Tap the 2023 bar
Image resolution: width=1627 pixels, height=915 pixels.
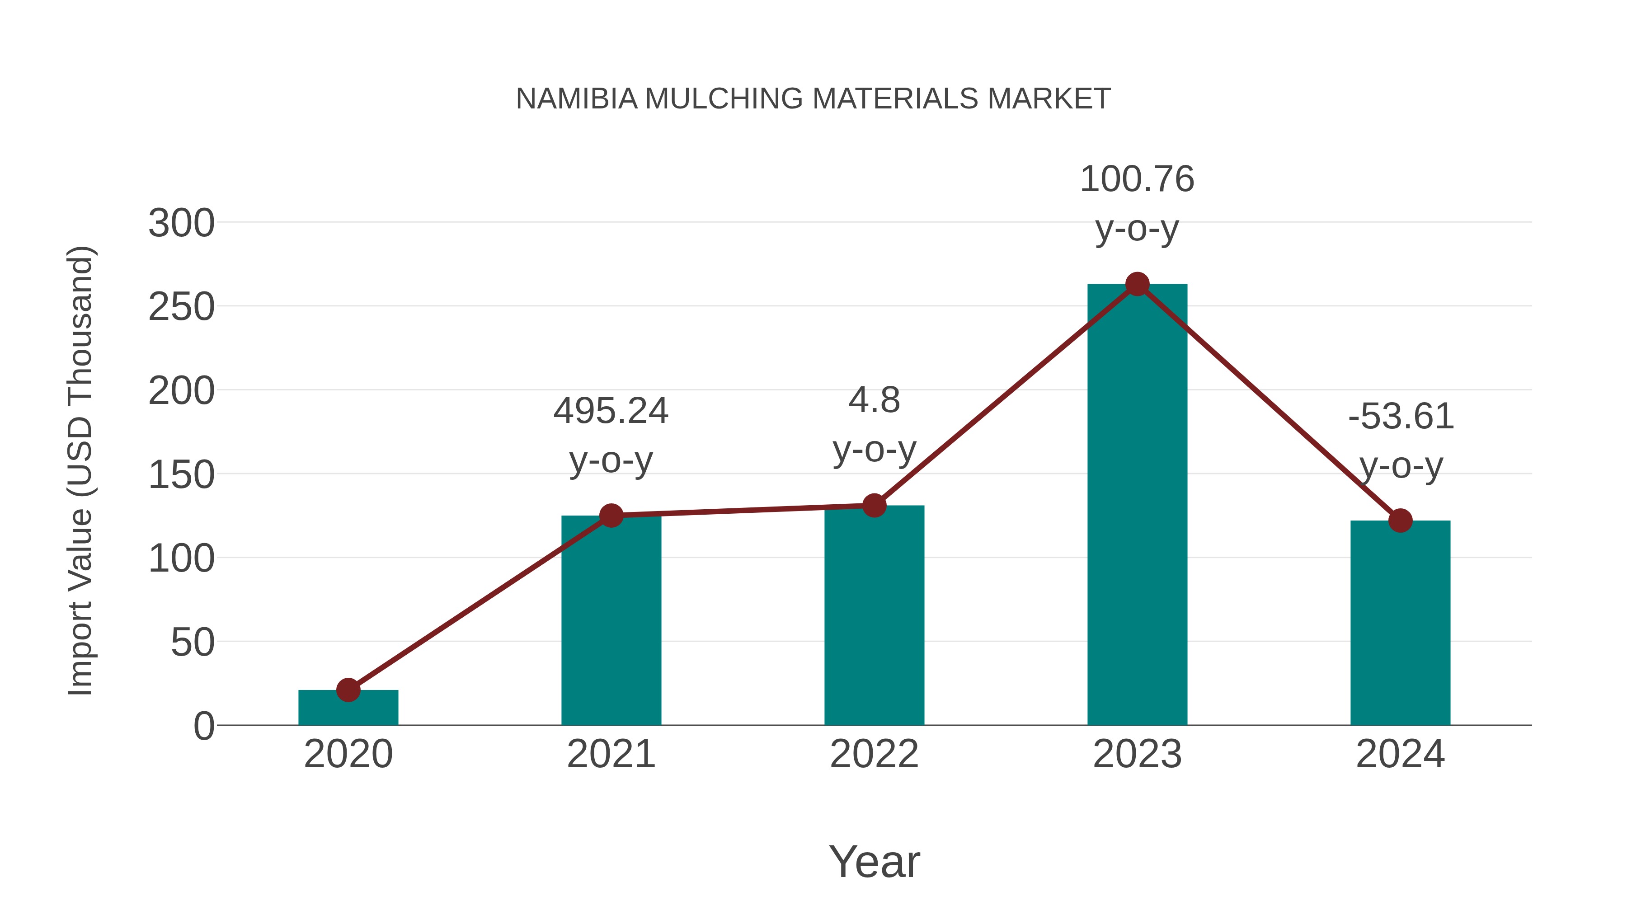(1137, 505)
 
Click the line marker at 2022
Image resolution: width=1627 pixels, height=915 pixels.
(874, 505)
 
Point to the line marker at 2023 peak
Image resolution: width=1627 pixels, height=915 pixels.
(1137, 284)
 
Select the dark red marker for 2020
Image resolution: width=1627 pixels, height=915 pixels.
(348, 690)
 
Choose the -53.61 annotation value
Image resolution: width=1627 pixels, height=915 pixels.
(1400, 417)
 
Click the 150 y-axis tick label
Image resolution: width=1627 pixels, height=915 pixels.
(181, 475)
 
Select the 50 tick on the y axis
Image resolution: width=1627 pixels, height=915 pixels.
(193, 643)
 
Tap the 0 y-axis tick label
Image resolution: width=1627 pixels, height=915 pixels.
(204, 726)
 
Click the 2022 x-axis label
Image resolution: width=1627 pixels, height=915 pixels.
(874, 754)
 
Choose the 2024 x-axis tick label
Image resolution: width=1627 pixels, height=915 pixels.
(1400, 754)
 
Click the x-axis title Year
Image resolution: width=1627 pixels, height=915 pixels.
(874, 861)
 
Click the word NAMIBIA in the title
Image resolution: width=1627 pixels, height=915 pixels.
(576, 99)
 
